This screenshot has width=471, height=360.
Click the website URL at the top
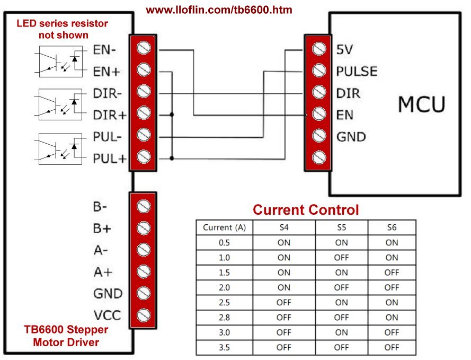click(219, 10)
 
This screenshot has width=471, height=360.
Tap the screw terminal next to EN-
click(143, 48)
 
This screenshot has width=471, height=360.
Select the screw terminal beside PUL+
click(143, 157)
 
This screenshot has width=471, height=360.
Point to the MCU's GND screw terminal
click(318, 136)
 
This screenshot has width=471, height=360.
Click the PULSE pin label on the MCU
click(357, 71)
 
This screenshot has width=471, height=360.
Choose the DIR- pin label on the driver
click(108, 92)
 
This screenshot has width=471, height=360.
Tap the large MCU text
click(422, 104)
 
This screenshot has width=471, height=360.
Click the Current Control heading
click(306, 209)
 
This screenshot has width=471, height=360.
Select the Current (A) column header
click(224, 228)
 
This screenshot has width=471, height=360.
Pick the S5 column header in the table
click(341, 228)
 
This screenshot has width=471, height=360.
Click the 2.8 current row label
click(224, 318)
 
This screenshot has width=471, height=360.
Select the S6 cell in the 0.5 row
click(392, 243)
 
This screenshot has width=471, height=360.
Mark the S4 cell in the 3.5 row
click(283, 348)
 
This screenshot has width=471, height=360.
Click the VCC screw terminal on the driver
click(143, 315)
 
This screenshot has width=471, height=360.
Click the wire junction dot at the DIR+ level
click(172, 114)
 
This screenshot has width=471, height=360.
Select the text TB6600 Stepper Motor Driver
click(66, 336)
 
